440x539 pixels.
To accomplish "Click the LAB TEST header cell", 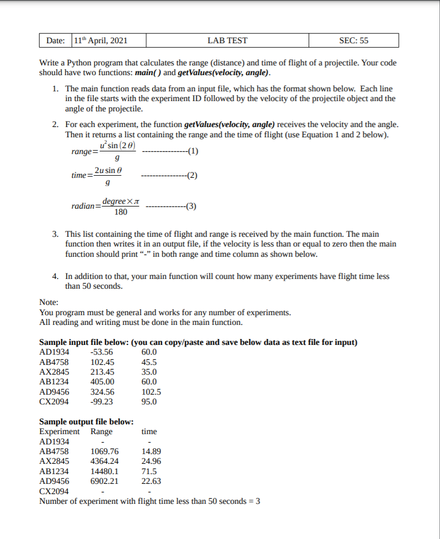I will (x=227, y=41).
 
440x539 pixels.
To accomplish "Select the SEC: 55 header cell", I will (x=353, y=41).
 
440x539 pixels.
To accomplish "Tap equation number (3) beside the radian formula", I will (x=190, y=206).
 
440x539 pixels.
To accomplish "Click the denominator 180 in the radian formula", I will (x=121, y=212).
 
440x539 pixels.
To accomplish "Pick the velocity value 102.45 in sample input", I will (x=102, y=362).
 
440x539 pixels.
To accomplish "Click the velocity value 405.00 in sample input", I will (x=102, y=382).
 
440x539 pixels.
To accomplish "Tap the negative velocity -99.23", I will (x=101, y=402).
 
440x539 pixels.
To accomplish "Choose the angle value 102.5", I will (x=151, y=392).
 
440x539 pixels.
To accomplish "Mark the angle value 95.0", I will (x=149, y=402).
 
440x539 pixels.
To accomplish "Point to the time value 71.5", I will (x=149, y=471).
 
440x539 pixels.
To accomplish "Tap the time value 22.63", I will (x=151, y=481).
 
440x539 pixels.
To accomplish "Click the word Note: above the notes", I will (x=49, y=303).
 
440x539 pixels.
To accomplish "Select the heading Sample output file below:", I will (x=87, y=422).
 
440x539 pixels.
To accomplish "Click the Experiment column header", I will (x=59, y=431).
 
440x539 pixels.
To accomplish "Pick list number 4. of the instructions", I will (x=56, y=276).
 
